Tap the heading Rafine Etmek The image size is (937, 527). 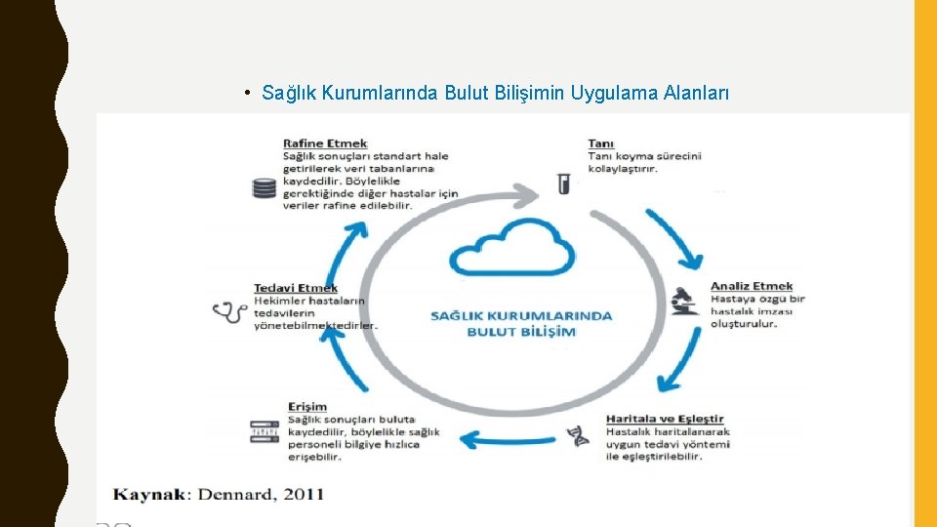tap(325, 143)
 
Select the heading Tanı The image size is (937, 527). tap(601, 143)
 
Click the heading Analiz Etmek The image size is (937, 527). tap(752, 286)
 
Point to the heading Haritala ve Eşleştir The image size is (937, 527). tap(665, 420)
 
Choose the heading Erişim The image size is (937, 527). tap(307, 406)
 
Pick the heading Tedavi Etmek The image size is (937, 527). tap(296, 288)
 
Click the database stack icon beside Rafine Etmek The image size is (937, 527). tap(264, 187)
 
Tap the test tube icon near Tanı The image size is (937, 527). tap(563, 182)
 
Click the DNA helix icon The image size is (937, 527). tap(581, 435)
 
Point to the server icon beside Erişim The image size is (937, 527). tap(265, 430)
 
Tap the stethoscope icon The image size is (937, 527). tap(229, 312)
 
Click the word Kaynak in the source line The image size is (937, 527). tap(149, 494)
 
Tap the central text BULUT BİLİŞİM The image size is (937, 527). tap(521, 332)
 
